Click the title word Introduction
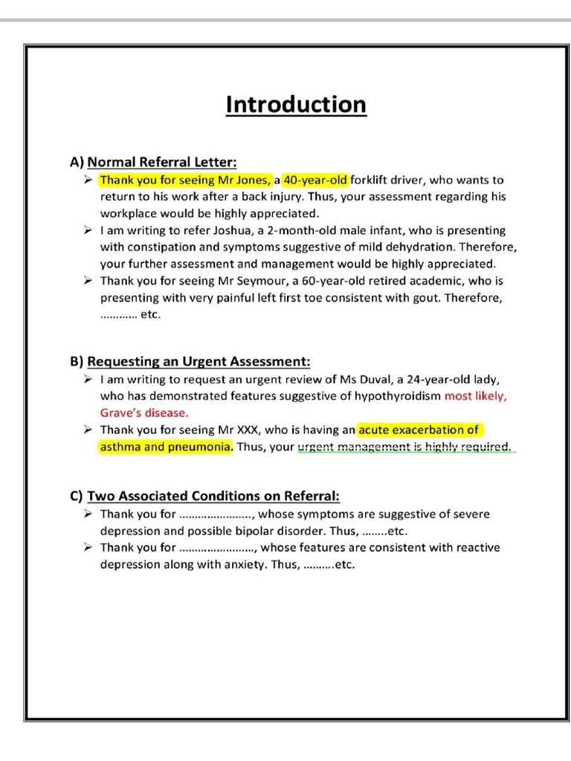296,104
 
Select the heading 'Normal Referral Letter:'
162,161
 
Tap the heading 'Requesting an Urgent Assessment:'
199,362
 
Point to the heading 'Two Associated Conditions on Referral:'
213,496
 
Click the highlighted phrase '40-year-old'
316,180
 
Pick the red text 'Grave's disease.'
144,412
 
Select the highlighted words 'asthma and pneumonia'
165,447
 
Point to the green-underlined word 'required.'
488,447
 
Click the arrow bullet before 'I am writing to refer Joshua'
88,230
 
